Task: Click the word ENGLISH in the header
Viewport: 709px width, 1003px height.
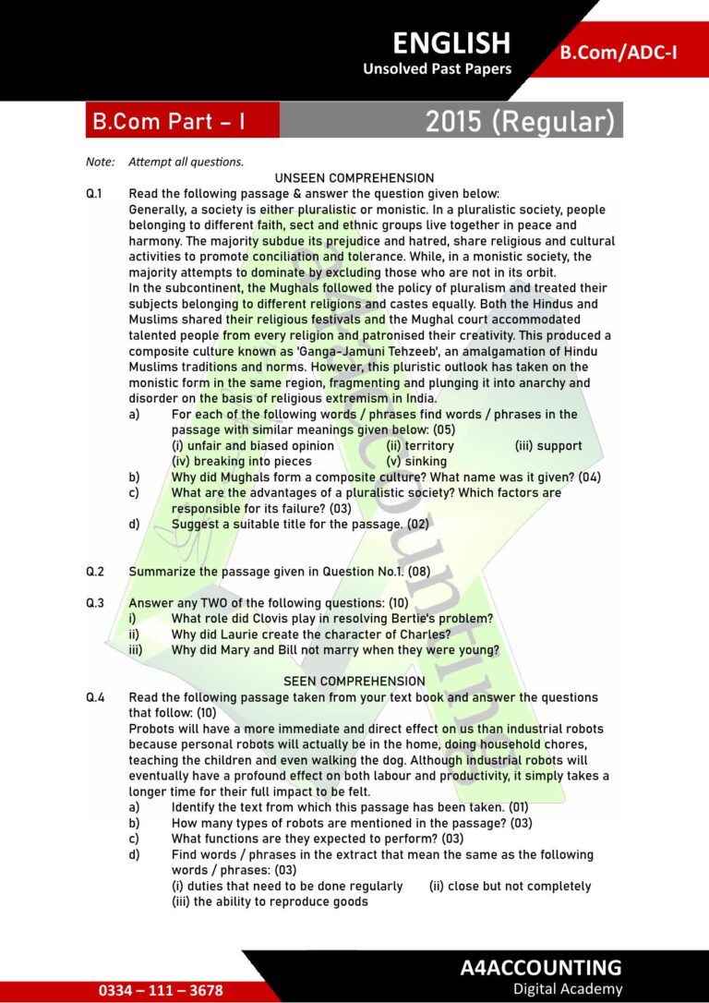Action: [451, 42]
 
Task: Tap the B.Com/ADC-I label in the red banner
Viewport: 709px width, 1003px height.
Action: [619, 52]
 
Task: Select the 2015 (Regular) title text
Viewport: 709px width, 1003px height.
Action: [520, 121]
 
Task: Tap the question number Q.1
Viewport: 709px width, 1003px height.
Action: [95, 194]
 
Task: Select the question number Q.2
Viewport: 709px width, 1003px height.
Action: [95, 572]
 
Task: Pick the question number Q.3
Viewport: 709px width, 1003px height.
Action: [95, 603]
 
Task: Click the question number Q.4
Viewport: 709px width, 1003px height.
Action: [95, 697]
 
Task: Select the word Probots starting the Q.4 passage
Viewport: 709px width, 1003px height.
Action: [154, 729]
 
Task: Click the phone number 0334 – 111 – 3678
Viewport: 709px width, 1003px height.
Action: [162, 990]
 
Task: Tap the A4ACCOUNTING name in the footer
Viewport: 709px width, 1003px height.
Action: [541, 967]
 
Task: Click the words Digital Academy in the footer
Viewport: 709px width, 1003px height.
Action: [568, 989]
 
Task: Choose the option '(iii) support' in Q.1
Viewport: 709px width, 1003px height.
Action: [548, 446]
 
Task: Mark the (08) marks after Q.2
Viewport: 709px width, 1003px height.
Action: [419, 572]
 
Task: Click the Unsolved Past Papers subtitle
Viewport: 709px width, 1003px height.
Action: [437, 69]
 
